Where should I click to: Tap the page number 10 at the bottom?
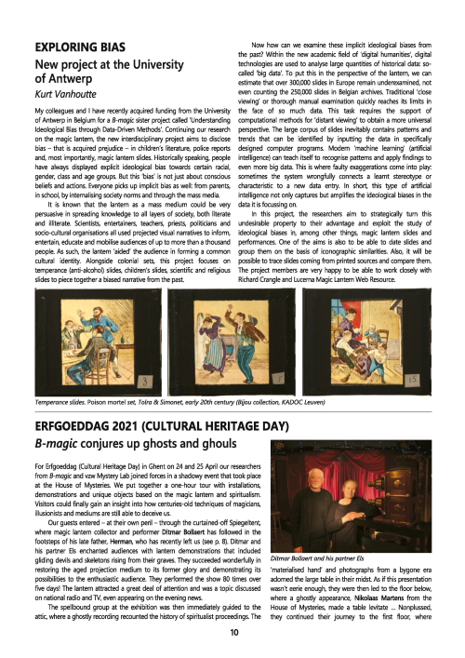[232, 634]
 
